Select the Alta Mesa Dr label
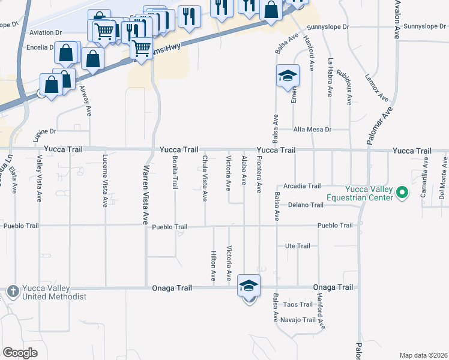pos(312,129)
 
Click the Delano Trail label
pos(306,205)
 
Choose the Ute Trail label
pos(297,246)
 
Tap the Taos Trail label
pos(298,304)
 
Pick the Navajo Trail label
pos(298,320)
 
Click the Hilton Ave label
pos(214,266)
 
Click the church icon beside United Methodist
pos(13,291)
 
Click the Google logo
pos(20,353)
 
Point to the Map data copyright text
pos(423,355)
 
